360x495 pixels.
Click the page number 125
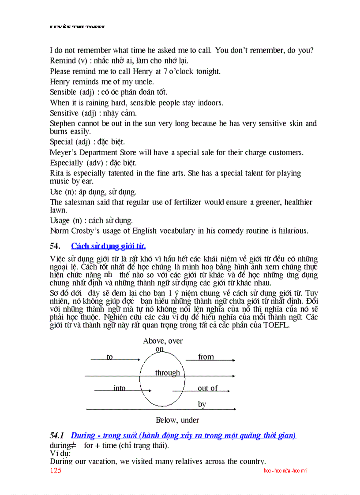tap(56, 470)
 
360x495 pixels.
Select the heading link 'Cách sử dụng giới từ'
tap(108, 246)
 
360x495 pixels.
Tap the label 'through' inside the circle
tap(167, 373)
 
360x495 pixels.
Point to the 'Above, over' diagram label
tap(163, 341)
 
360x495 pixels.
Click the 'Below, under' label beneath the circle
tap(177, 420)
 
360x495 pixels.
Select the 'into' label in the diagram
tap(120, 388)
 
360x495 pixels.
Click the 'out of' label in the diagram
tap(207, 388)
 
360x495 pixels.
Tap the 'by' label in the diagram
tap(202, 404)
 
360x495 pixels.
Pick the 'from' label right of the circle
tap(206, 357)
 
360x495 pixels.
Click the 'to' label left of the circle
tap(109, 357)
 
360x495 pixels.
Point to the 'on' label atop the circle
tap(159, 349)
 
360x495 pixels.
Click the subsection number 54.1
tap(57, 435)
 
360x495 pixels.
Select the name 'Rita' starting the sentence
tap(56, 173)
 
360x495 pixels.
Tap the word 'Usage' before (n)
tap(60, 220)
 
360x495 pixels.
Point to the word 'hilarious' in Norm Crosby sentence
tap(292, 231)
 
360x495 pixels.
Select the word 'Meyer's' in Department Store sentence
tap(64, 153)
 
